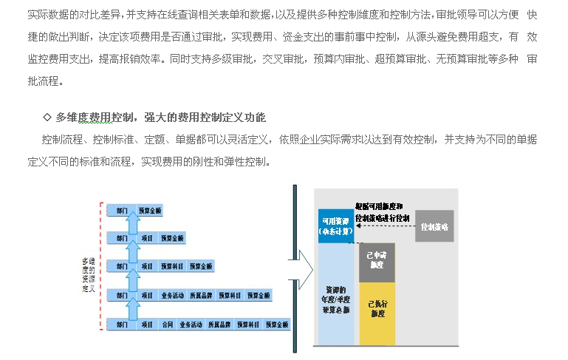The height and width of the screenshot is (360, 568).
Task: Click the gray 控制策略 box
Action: click(x=434, y=226)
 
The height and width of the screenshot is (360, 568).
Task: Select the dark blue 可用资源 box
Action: click(x=336, y=225)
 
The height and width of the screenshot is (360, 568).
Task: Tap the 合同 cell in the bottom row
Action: click(x=168, y=324)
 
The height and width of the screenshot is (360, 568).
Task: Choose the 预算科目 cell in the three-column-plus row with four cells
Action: click(x=172, y=266)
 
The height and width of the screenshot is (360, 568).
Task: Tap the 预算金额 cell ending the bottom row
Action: click(x=277, y=324)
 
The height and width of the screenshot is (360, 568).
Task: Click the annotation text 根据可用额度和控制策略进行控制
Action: click(x=381, y=212)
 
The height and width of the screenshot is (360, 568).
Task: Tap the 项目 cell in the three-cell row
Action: click(x=146, y=237)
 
